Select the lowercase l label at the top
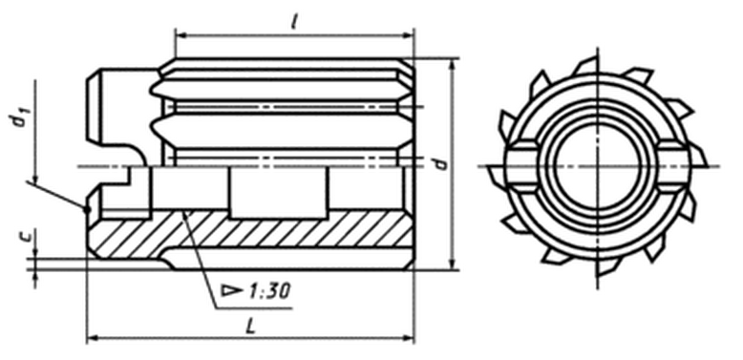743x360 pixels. coord(294,22)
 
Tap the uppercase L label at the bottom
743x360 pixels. coord(251,326)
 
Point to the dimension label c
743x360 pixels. coord(31,236)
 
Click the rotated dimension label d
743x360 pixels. coord(441,163)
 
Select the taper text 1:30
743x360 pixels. coord(268,291)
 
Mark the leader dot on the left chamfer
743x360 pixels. coord(87,208)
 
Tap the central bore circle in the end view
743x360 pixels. coord(597,167)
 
